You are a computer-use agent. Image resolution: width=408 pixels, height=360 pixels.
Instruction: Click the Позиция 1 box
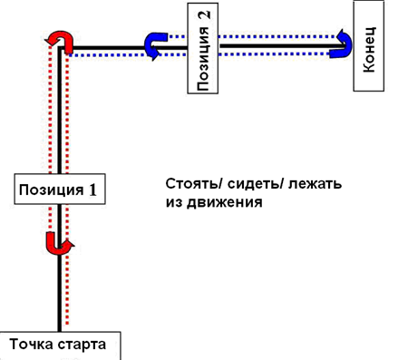pyautogui.click(x=60, y=189)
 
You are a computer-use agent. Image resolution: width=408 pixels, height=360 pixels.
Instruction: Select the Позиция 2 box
pyautogui.click(x=203, y=48)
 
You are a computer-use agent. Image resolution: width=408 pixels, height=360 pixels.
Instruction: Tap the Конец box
pyautogui.click(x=369, y=45)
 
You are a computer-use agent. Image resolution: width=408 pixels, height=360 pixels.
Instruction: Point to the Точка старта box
pyautogui.click(x=60, y=345)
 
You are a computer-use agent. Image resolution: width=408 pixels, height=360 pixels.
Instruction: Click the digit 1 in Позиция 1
pyautogui.click(x=92, y=190)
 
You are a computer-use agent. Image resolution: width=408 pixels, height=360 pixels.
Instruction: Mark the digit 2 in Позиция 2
pyautogui.click(x=204, y=15)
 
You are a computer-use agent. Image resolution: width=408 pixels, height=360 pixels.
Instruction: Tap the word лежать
pyautogui.click(x=315, y=184)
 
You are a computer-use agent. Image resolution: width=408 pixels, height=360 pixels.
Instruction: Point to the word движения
pyautogui.click(x=224, y=202)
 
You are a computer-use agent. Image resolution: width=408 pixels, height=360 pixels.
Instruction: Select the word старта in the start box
pyautogui.click(x=82, y=345)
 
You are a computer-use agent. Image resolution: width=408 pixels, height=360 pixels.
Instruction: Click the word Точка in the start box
pyautogui.click(x=32, y=344)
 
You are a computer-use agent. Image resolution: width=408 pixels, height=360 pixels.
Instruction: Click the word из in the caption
pyautogui.click(x=174, y=202)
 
